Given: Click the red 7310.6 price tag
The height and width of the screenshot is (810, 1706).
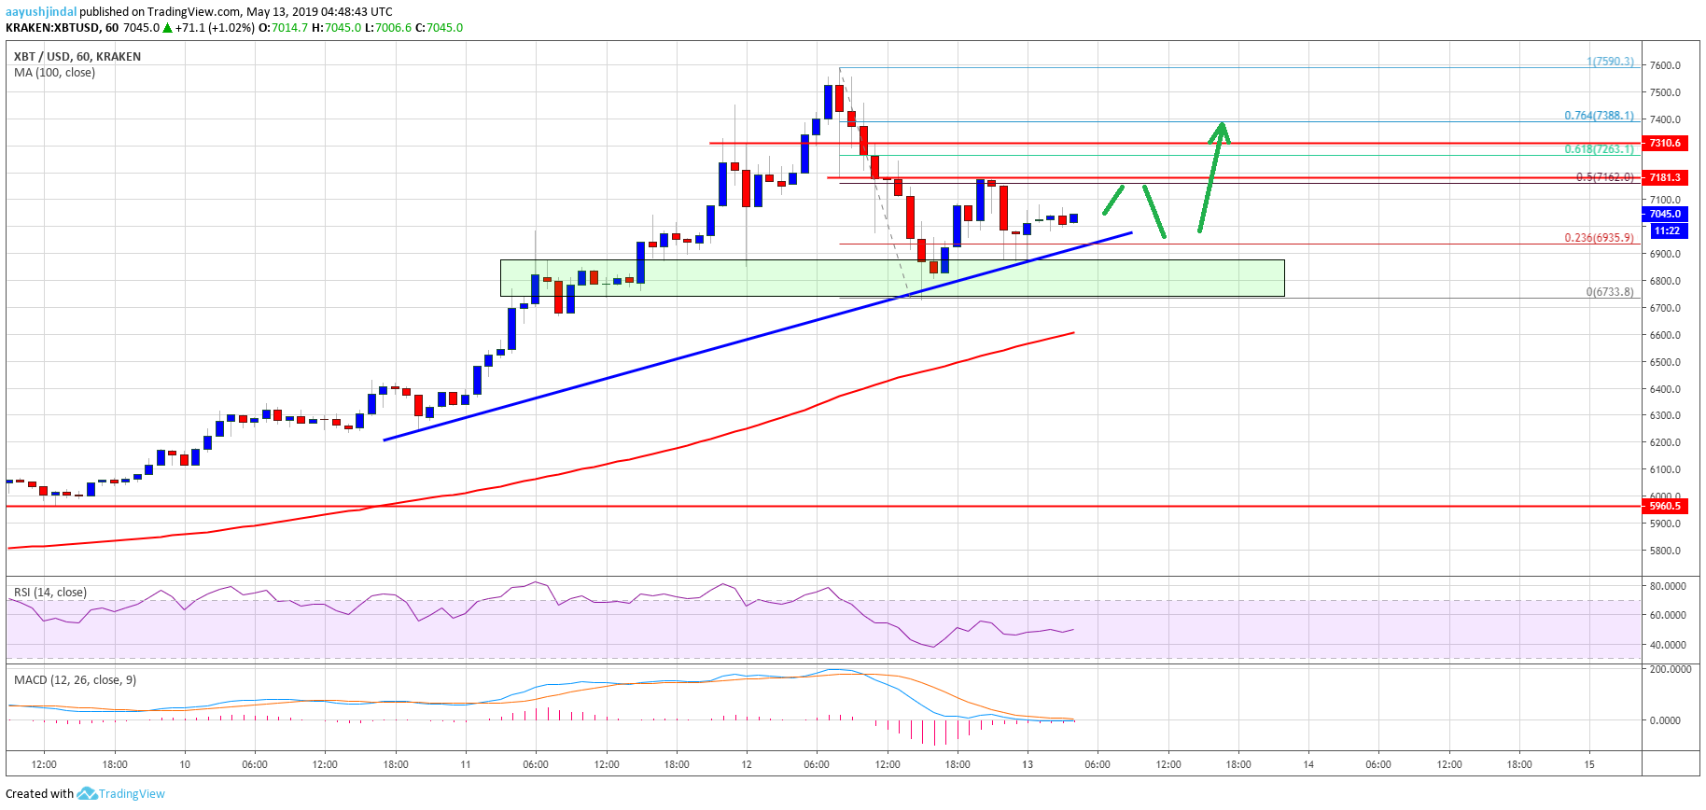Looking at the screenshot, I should (x=1664, y=143).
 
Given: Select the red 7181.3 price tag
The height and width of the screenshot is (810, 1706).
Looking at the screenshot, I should (x=1664, y=177).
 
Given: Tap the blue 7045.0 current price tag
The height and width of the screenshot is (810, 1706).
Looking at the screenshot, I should (x=1664, y=214).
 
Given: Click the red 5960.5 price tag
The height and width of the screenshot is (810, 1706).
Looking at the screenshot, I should (x=1664, y=506).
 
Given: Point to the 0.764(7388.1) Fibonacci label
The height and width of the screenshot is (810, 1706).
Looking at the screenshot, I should (x=1599, y=116).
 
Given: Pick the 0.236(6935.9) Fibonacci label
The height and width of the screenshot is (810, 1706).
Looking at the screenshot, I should (x=1599, y=238).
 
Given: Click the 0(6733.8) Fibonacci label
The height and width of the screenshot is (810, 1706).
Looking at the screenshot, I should (x=1610, y=292).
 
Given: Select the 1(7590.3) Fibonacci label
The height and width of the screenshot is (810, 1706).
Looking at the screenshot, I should (x=1610, y=62).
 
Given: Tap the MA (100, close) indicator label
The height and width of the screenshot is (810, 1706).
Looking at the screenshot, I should (x=54, y=73).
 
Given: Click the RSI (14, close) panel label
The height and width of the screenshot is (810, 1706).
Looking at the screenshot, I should (x=50, y=593).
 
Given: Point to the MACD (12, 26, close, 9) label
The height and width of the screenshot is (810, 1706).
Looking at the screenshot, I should (x=75, y=680).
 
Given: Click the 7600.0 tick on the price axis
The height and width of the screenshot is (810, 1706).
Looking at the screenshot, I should (x=1665, y=65).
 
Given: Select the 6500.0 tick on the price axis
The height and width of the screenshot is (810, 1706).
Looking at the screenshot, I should (x=1665, y=362).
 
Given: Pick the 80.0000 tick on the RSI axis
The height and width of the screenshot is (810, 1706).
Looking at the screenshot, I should (x=1668, y=586).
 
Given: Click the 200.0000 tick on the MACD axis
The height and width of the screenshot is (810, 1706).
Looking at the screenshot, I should (x=1670, y=669).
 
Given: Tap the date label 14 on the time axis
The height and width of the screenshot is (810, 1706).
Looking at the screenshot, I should (x=1308, y=764).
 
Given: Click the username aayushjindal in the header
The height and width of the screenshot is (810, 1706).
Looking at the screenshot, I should (x=41, y=12).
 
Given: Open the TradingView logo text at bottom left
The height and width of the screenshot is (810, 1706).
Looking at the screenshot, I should (x=132, y=794).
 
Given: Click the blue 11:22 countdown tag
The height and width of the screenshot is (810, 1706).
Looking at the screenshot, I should (x=1666, y=230).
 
